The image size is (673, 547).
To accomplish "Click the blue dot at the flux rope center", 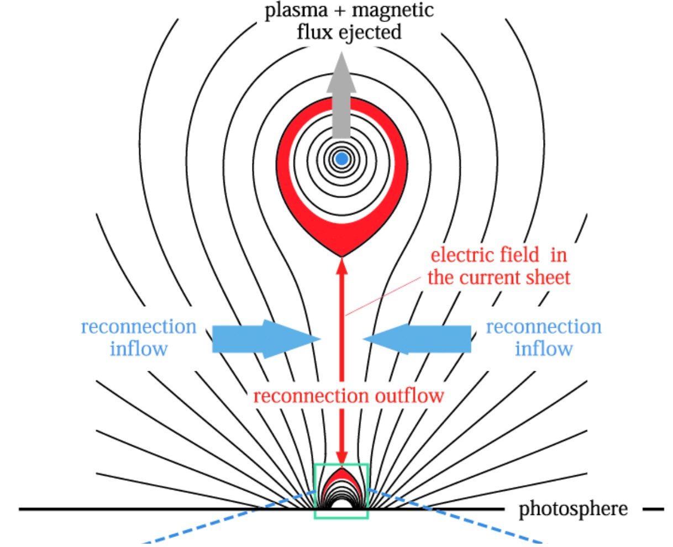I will coord(342,159).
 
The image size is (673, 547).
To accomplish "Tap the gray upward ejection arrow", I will coord(341,99).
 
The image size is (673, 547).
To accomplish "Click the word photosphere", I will coord(573,509).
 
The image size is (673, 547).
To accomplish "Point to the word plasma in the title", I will coord(296,11).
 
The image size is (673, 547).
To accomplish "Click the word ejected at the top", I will coord(371,32).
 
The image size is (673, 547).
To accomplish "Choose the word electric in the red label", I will coord(462,255).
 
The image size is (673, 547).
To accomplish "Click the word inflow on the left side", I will coord(138,349).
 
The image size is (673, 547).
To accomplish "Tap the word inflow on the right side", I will coord(544,349).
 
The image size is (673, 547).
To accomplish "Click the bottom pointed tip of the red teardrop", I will coord(342,255).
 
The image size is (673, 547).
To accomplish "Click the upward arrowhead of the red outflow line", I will coord(342,265).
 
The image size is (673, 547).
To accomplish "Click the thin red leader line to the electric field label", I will coord(387,294).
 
